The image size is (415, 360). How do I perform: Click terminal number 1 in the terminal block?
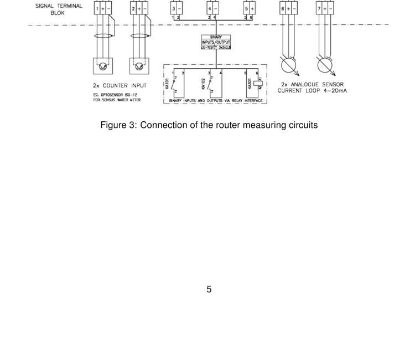tap(97, 9)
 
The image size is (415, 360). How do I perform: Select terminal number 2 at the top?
tap(133, 9)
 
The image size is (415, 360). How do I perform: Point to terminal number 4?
tap(210, 9)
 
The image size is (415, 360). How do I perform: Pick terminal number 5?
tap(246, 9)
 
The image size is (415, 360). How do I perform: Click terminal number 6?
tap(283, 9)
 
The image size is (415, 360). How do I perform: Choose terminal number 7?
tap(319, 9)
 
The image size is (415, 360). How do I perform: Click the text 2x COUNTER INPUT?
tap(120, 86)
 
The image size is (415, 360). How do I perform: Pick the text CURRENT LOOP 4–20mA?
tap(313, 90)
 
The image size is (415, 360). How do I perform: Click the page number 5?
tap(209, 289)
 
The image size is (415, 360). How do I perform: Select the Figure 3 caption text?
tap(209, 125)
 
